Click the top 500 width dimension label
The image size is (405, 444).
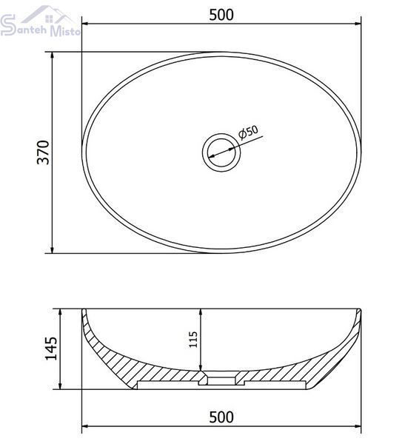pos(221,15)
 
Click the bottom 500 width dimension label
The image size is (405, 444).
pos(221,417)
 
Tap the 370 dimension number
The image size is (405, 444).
pos(44,152)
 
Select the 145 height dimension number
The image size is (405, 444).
pos(52,349)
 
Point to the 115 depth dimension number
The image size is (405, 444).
pos(193,339)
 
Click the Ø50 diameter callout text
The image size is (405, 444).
pos(248,132)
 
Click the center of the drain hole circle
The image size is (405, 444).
pos(221,152)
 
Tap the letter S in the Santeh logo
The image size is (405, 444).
pos(8,25)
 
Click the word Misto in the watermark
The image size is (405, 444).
pos(65,30)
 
